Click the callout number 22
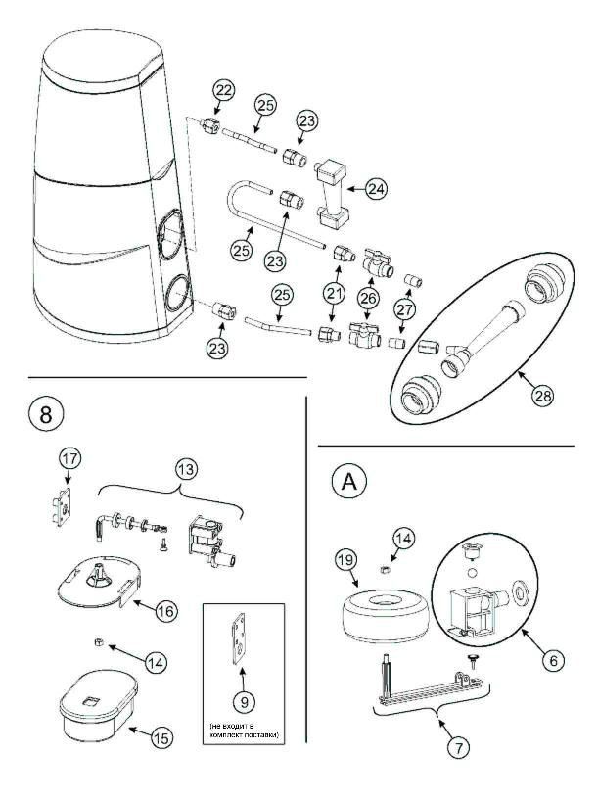point(224,91)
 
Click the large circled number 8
point(45,414)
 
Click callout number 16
point(166,610)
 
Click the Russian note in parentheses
point(241,729)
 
